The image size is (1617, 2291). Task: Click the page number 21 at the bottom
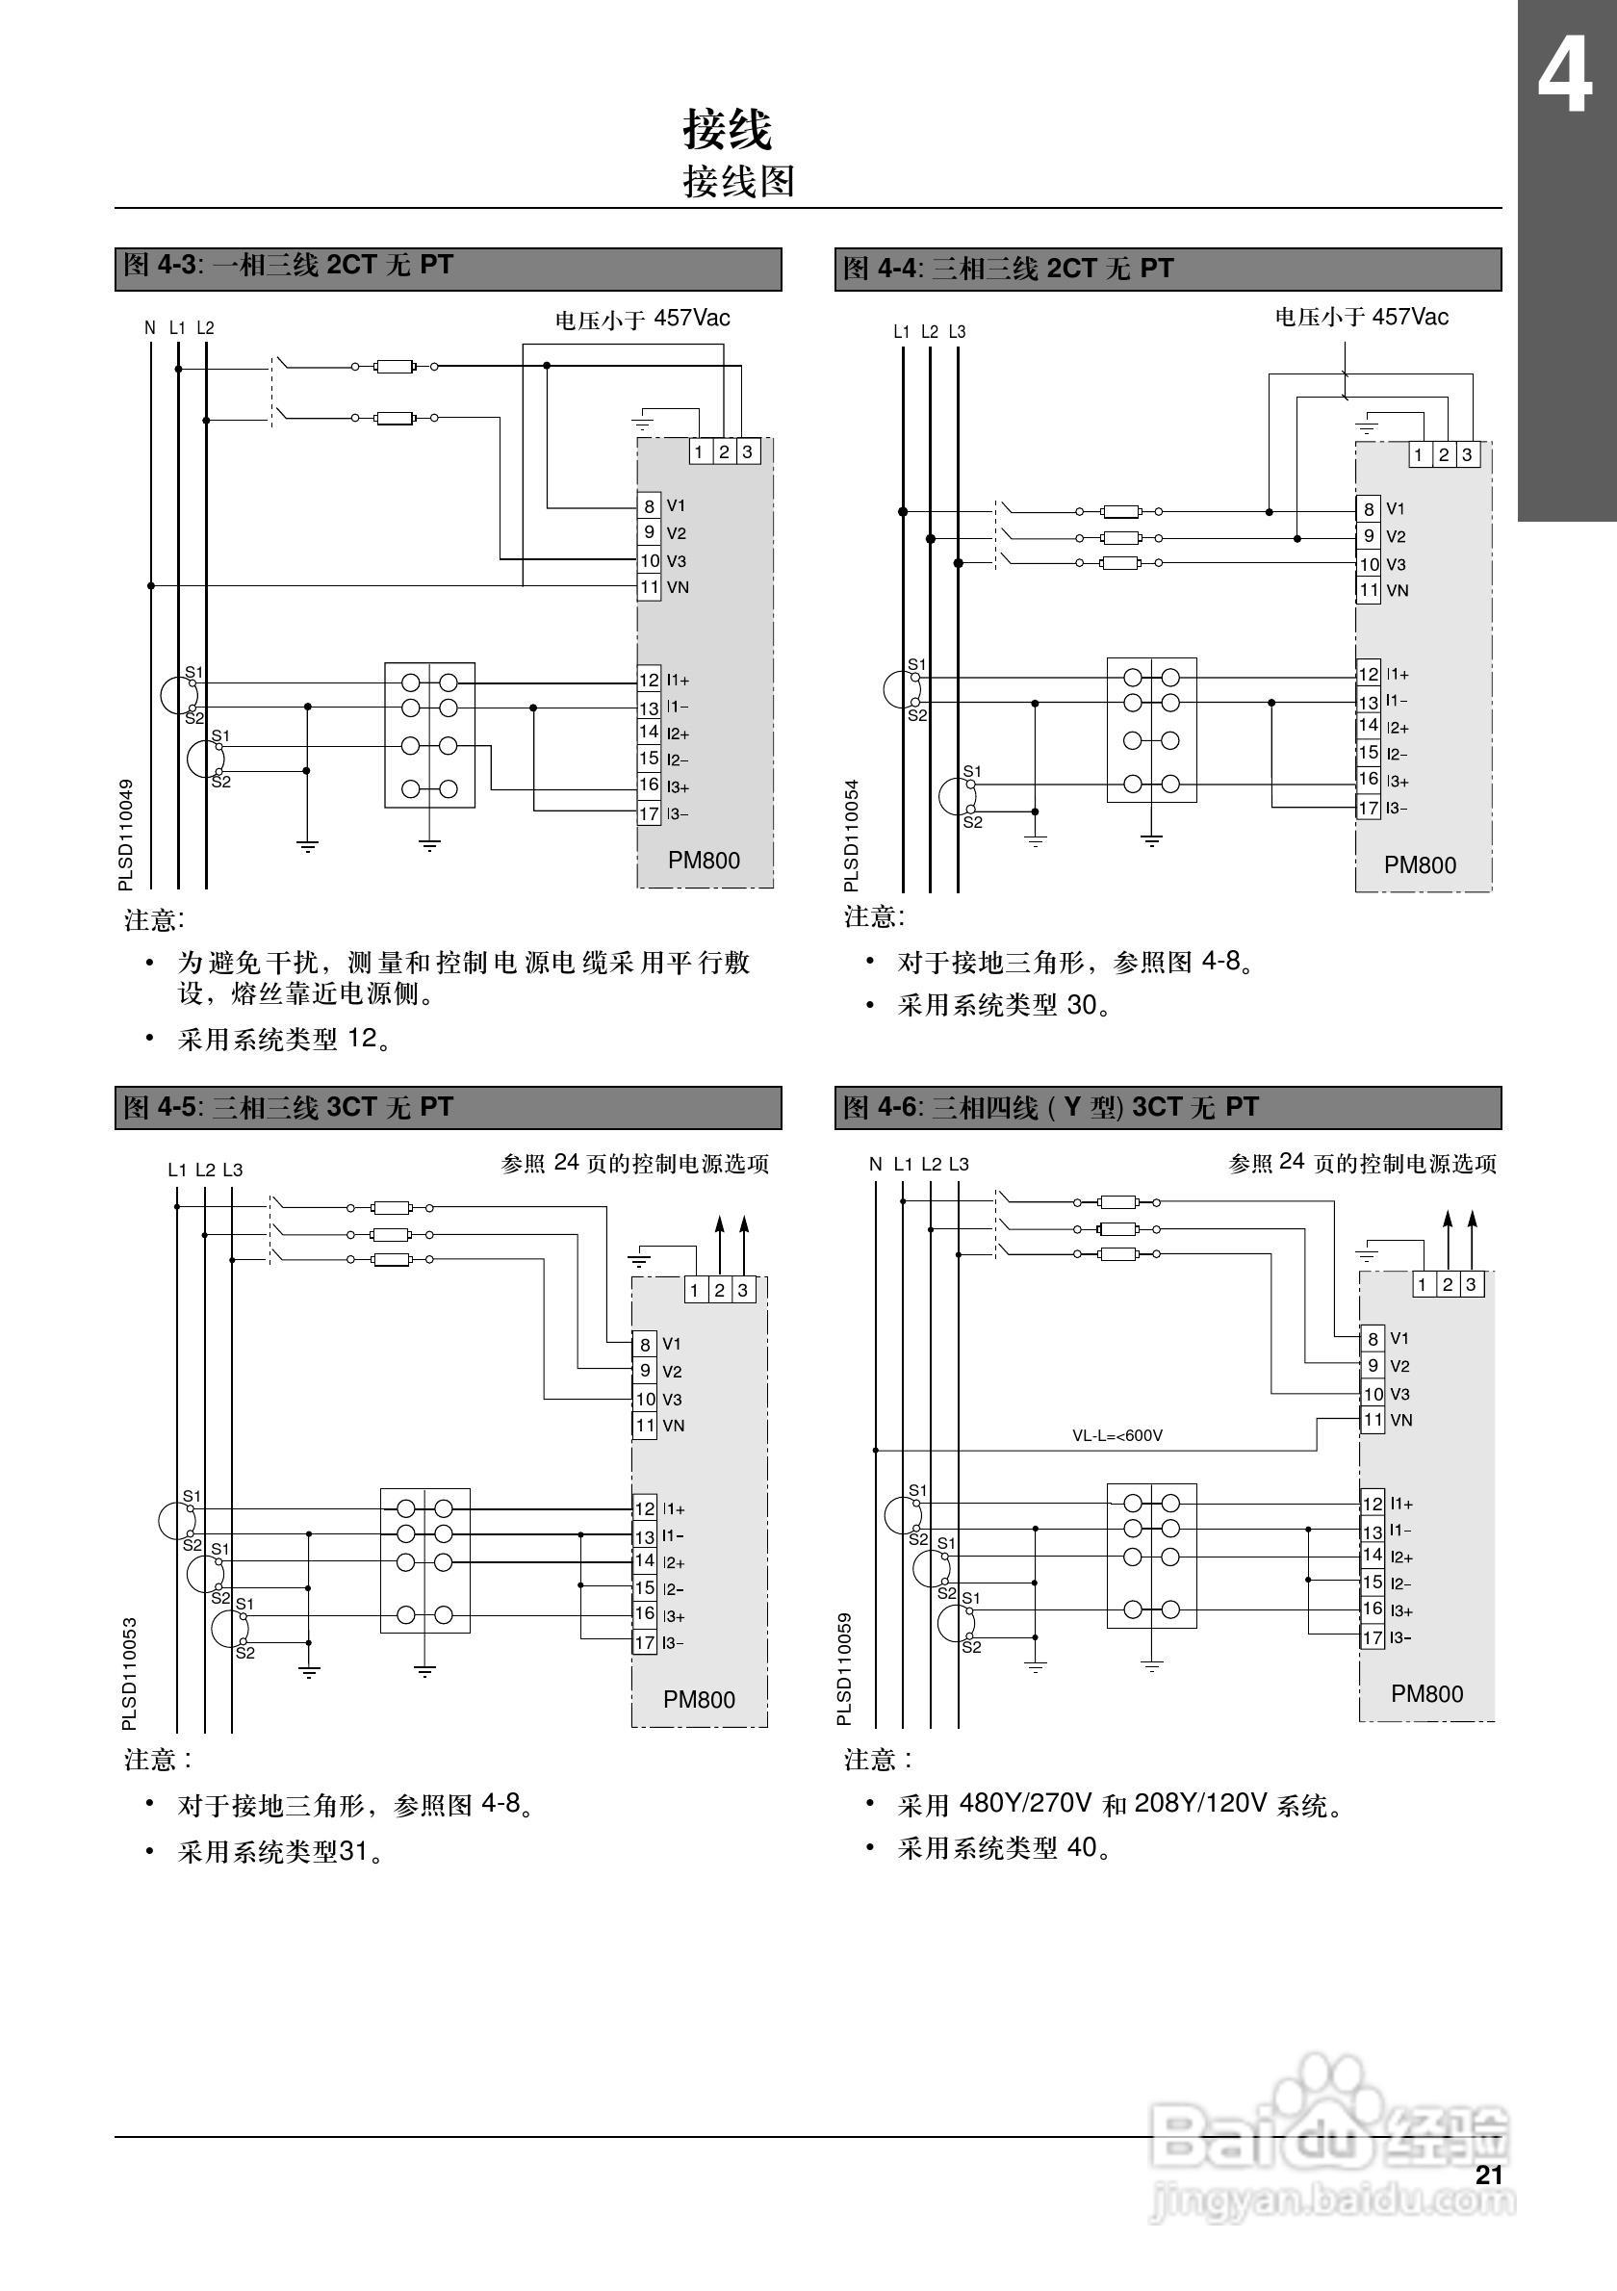point(1488,2175)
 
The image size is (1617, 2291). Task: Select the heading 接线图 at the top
point(738,182)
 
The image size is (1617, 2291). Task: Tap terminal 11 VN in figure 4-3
point(650,587)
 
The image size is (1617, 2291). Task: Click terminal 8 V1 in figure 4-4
point(1370,509)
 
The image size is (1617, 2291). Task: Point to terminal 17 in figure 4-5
point(646,1642)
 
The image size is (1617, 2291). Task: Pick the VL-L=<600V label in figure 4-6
point(1117,1436)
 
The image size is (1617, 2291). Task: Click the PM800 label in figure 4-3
point(705,861)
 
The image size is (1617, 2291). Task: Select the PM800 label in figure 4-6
point(1426,1693)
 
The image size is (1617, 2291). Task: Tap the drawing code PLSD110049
point(126,836)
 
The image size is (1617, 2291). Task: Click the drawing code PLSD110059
point(845,1669)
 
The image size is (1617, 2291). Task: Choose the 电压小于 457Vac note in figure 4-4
point(1361,318)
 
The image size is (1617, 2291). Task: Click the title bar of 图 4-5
point(448,1108)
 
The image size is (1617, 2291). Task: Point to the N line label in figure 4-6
point(875,1164)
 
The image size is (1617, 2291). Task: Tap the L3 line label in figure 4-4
point(957,331)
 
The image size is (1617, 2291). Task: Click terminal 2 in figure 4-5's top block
point(719,1290)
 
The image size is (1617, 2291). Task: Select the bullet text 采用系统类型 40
point(1004,1848)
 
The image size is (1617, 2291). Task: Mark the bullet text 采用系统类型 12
point(283,1039)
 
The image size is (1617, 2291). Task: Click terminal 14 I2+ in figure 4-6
point(1373,1556)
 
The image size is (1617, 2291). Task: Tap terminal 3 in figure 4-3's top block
point(747,452)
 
